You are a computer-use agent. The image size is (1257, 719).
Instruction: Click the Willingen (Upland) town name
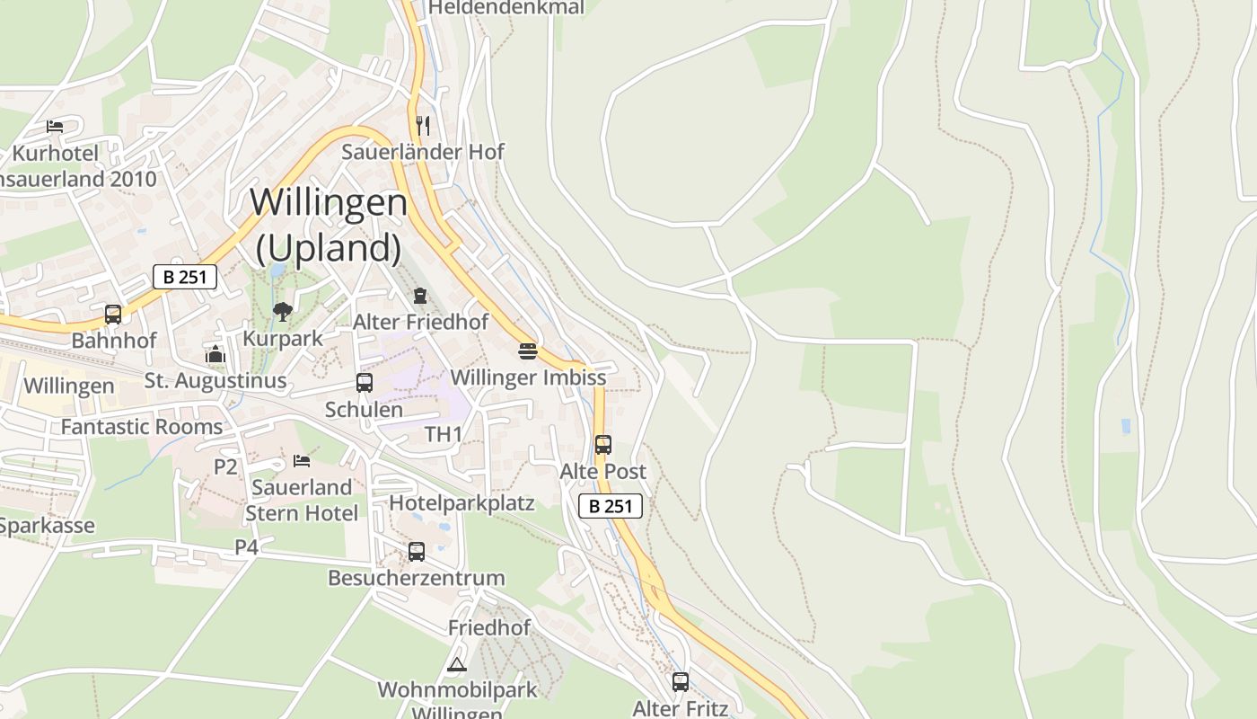(329, 225)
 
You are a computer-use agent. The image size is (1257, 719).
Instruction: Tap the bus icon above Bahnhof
(113, 315)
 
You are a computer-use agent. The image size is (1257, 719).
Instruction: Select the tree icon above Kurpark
(283, 312)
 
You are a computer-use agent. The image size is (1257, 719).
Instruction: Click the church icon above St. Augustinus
(215, 354)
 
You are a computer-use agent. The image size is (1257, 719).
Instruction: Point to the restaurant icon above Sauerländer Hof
(424, 125)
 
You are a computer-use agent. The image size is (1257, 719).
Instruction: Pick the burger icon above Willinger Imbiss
(528, 351)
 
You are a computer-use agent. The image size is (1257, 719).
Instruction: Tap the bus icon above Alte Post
(603, 444)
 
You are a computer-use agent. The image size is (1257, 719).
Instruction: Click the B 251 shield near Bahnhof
(185, 277)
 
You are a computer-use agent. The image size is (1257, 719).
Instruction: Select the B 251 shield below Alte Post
(611, 506)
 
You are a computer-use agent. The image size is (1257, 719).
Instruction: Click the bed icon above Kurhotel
(55, 127)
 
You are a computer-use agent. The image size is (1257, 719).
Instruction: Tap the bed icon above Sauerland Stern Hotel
(302, 461)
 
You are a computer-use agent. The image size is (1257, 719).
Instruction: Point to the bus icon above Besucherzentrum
(417, 552)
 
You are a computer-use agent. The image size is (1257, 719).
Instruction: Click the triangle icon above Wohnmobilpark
(457, 665)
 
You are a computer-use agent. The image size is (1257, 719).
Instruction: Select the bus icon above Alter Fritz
(681, 682)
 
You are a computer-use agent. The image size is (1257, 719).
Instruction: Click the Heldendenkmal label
(506, 8)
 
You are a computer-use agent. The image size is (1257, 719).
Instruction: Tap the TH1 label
(444, 435)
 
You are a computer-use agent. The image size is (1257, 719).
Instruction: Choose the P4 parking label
(247, 546)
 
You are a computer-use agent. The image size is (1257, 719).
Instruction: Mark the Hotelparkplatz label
(461, 503)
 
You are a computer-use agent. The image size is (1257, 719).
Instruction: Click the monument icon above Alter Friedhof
(419, 295)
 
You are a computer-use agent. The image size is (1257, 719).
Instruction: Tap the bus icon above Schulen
(365, 383)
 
